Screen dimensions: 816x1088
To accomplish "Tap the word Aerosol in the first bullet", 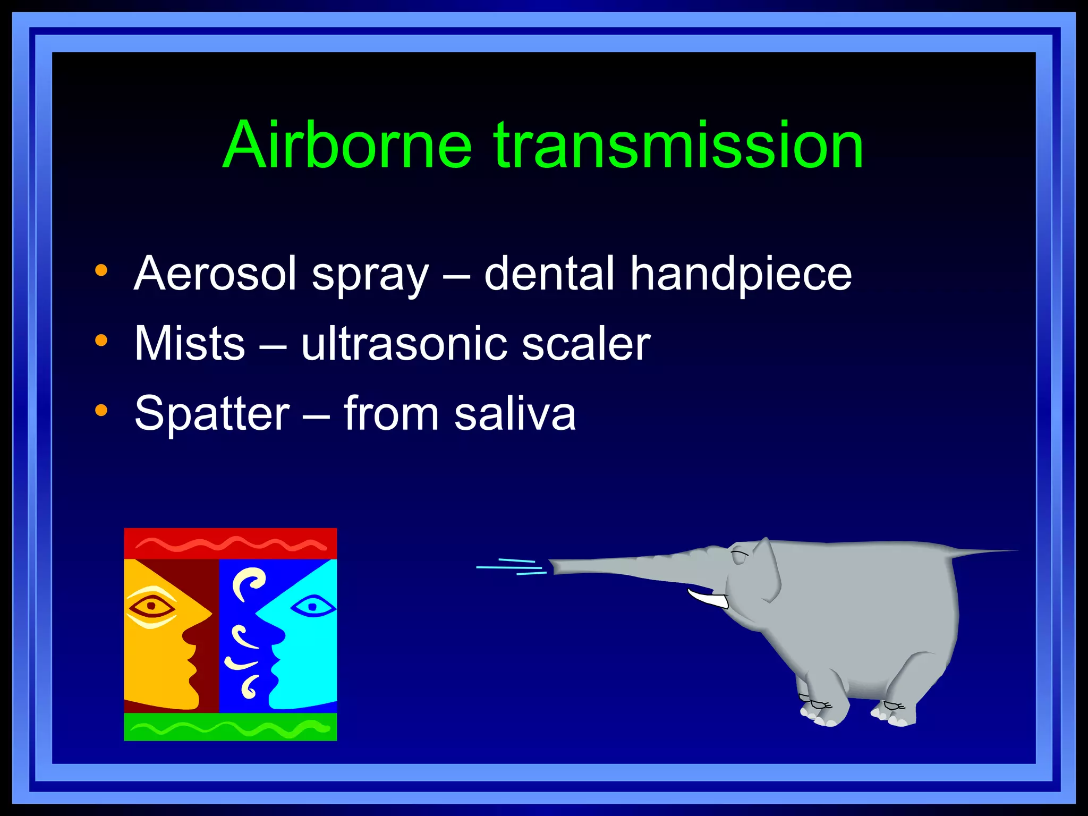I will (215, 274).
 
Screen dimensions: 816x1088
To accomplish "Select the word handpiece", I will (741, 274).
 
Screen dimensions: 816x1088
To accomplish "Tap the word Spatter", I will (212, 414).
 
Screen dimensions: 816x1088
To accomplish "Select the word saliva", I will (515, 414).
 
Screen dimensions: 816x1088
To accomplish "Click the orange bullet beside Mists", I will (101, 340).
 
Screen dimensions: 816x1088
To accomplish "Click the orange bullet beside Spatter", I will (101, 410).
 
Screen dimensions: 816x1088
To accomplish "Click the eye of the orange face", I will (151, 606).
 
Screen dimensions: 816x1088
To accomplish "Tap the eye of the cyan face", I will (313, 606).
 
